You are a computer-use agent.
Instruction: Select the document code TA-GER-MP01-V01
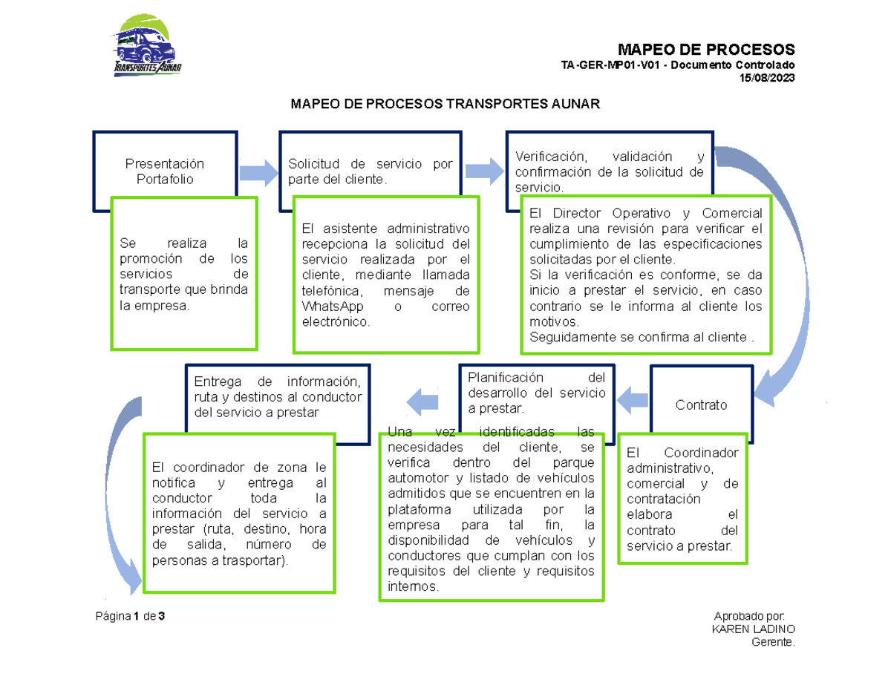604,66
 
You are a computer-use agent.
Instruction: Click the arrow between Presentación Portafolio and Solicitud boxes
258,171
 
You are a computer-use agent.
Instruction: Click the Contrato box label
701,405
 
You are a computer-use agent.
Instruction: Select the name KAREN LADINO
753,629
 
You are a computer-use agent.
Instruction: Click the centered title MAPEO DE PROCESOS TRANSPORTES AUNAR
444,105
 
